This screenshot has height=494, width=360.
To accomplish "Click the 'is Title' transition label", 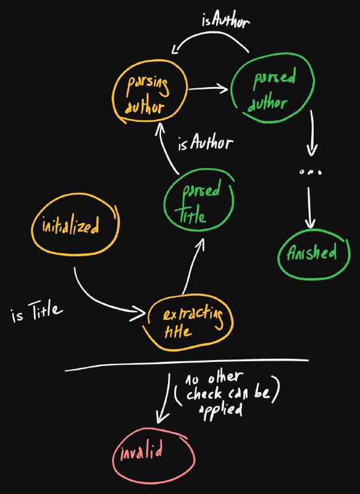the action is (x=36, y=312).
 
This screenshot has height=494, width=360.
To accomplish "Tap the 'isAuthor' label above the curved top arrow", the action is (x=225, y=21).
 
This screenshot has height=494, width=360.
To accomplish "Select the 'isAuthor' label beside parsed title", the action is (x=206, y=143).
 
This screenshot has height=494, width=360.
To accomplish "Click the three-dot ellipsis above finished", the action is (x=311, y=172).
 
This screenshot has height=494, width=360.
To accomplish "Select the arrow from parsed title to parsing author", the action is (x=166, y=148).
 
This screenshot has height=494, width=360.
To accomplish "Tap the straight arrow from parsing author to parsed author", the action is (x=208, y=89).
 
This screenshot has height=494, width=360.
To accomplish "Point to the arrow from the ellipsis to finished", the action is (x=310, y=207).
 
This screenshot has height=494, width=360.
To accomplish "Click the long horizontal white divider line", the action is (x=186, y=364).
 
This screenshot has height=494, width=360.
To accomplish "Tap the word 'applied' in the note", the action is (x=221, y=411).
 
